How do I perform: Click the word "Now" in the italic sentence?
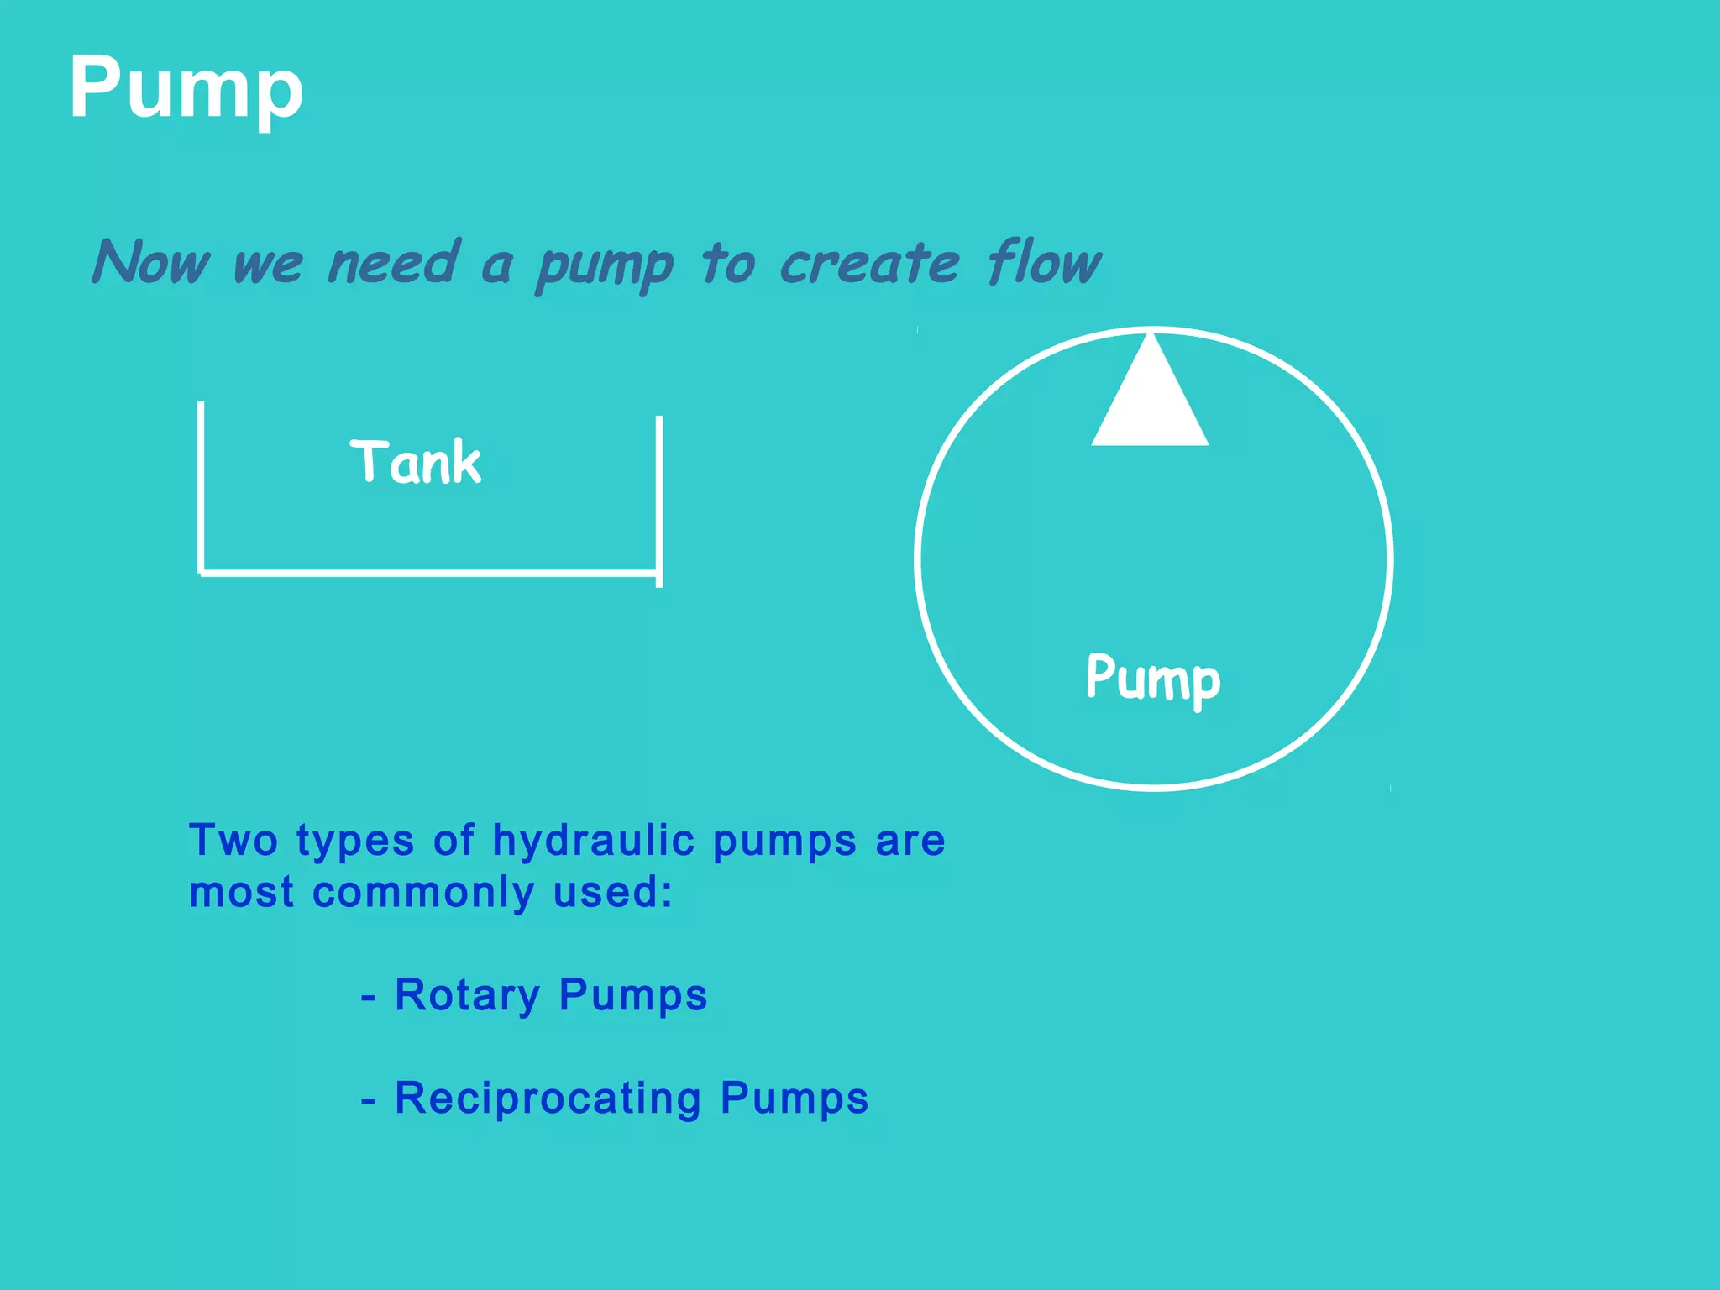pos(152,262)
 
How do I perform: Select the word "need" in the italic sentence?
pos(394,262)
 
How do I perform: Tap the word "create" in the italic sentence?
pos(869,264)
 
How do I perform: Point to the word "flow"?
pos(1044,262)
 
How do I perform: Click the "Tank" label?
pos(416,462)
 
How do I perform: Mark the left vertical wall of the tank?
pos(201,487)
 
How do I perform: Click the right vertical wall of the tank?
pos(659,501)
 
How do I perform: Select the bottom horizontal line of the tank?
pos(428,574)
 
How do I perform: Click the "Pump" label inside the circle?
pos(1153,679)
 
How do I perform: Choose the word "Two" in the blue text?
pos(233,840)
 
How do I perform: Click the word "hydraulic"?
pos(593,842)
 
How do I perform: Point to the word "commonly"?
pos(422,894)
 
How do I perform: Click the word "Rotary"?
pos(467,996)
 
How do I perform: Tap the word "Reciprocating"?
pos(548,1099)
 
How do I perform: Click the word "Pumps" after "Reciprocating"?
pos(794,1099)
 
